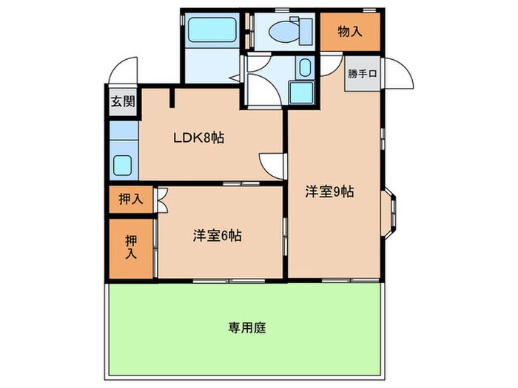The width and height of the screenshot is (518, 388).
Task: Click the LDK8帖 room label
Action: coord(199,137)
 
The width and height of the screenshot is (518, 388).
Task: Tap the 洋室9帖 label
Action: coord(330,191)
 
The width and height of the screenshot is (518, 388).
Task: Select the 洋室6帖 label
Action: coord(218,236)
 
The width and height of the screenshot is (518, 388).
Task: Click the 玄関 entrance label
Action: coord(123,103)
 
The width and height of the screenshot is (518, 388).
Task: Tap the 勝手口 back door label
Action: coord(363,73)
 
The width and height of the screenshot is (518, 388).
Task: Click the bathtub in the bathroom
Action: coord(211,30)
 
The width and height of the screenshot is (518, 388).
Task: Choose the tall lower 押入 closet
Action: coord(132,248)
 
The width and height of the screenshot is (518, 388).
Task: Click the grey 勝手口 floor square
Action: coord(363,74)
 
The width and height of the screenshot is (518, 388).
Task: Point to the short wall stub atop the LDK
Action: coord(173,97)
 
